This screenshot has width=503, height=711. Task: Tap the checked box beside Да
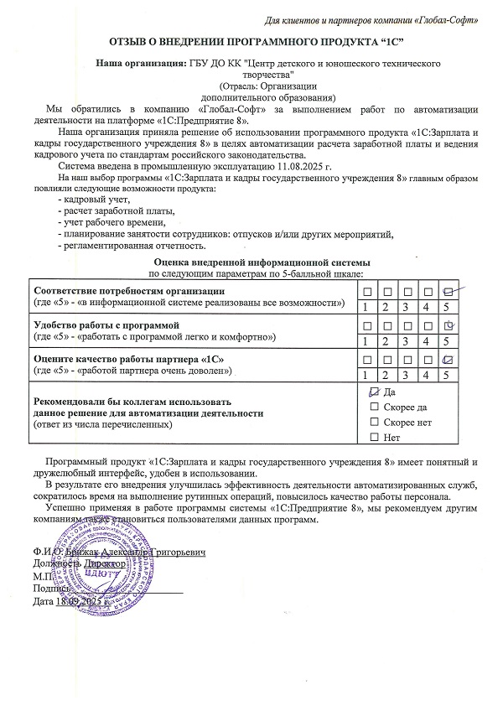coord(374,392)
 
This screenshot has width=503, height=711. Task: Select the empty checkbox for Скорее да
coord(374,407)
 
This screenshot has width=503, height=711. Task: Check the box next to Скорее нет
coord(374,423)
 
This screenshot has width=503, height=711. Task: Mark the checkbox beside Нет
coord(374,438)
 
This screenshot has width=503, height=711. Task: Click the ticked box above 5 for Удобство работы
coord(449,324)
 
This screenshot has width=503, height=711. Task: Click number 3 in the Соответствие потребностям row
coord(407,307)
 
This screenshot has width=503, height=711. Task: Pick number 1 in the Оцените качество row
coord(367,376)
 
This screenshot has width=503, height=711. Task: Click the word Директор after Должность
coord(104,565)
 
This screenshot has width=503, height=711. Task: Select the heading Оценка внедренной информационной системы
coord(256,263)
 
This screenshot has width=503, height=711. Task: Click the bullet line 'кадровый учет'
coord(93,200)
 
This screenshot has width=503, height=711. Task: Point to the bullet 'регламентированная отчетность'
coord(130,246)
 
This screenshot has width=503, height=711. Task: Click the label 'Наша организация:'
coord(141,64)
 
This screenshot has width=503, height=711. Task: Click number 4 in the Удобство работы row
coord(428,341)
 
